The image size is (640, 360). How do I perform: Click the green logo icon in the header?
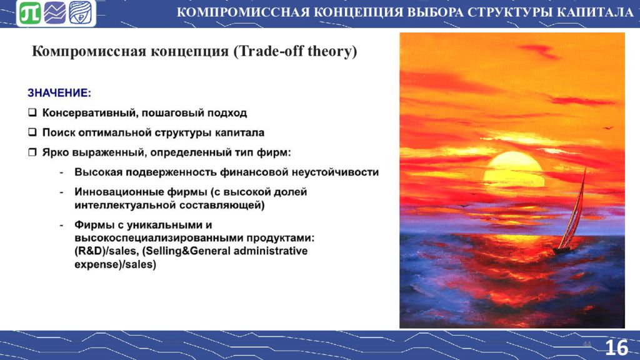pyautogui.click(x=30, y=12)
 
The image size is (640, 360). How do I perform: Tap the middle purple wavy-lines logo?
pyautogui.click(x=55, y=12)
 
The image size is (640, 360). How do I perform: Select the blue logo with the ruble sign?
pyautogui.click(x=80, y=12)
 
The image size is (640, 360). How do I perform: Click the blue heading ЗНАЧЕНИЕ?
pyautogui.click(x=59, y=93)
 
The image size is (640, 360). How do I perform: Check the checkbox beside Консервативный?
pyautogui.click(x=32, y=112)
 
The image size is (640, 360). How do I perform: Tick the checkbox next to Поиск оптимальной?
pyautogui.click(x=32, y=132)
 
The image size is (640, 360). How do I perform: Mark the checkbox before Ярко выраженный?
pyautogui.click(x=32, y=152)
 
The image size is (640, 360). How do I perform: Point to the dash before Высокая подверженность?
pyautogui.click(x=61, y=172)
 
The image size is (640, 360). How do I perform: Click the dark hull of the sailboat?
pyautogui.click(x=562, y=250)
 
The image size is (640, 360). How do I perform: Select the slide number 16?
pyautogui.click(x=617, y=347)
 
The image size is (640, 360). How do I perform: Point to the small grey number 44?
pyautogui.click(x=587, y=344)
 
